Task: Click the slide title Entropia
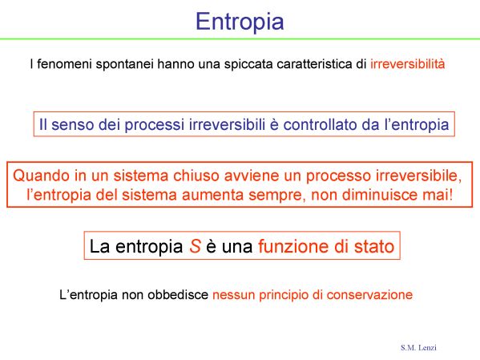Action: (240, 22)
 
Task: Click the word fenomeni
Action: (64, 64)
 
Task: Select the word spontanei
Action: (124, 64)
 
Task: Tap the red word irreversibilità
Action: (407, 64)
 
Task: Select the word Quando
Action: (42, 176)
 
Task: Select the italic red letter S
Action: (195, 246)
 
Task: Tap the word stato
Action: (374, 247)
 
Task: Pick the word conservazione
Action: (369, 295)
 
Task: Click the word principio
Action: (283, 295)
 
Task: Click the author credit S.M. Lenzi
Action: (418, 348)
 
